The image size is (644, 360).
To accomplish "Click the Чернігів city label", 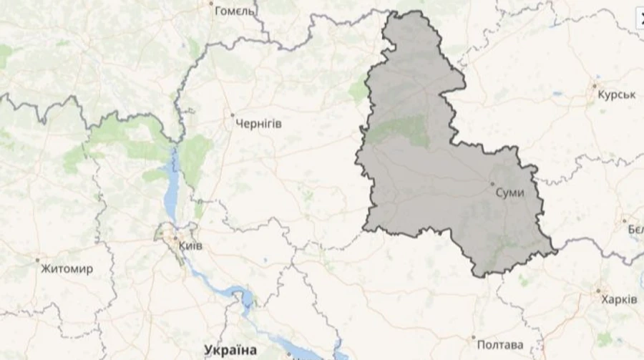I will coord(258,124).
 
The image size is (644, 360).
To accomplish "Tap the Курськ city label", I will coord(616,95).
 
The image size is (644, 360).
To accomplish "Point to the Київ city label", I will coord(190,245).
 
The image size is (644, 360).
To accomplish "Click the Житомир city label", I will coord(67,269).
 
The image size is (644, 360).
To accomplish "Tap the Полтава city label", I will coord(499,345).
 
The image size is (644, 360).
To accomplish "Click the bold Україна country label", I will coord(230,350).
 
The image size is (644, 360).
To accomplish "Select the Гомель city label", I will coord(235,11).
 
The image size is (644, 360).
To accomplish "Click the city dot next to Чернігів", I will coord(232,115).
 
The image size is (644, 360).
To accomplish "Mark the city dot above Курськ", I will coord(594,86).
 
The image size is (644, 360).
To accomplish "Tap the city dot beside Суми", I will coord(492,185).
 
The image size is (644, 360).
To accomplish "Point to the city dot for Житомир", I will coord(37,260).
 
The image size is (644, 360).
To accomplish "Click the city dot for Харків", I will coord(598,291).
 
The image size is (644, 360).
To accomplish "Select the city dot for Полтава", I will coord(473,336).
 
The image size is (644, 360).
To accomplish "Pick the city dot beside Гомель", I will coord(211,3).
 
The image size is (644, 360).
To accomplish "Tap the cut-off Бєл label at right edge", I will coord(635,229).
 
